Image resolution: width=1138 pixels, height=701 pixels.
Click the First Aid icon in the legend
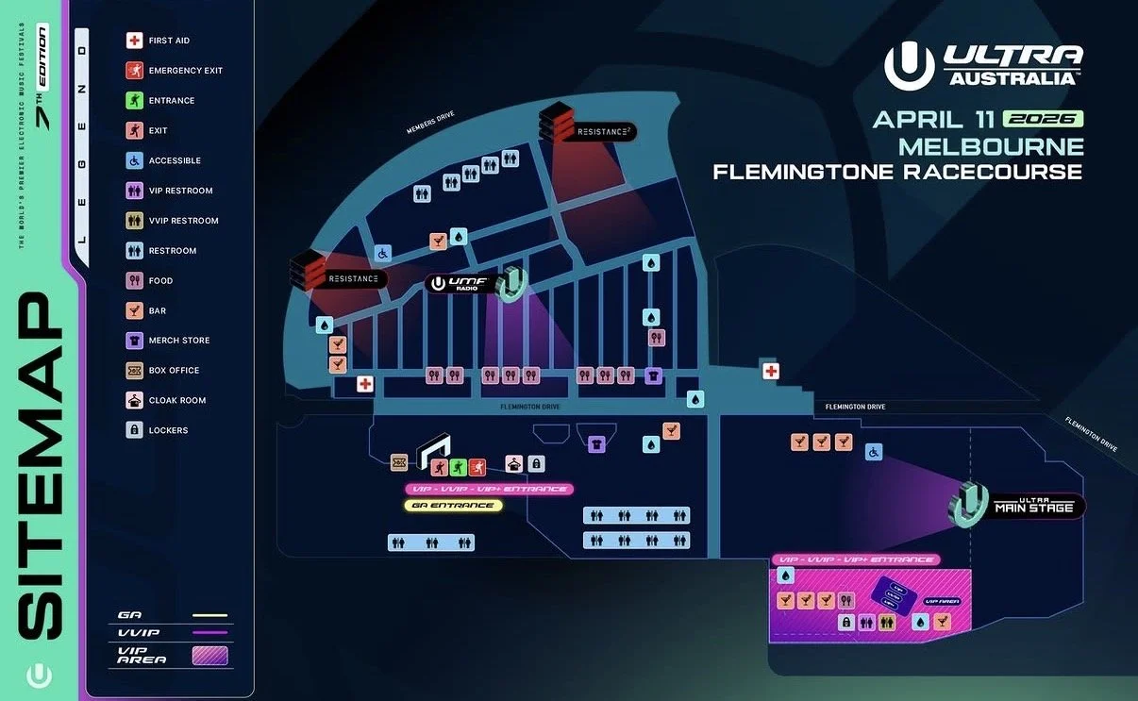134,41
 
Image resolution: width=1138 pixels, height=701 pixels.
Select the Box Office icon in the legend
134,370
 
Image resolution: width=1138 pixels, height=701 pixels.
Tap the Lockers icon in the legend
134,430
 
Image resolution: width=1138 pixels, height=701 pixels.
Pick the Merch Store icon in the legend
134,341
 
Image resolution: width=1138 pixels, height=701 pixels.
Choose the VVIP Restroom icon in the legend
134,221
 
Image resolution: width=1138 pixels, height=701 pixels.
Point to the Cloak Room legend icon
134,400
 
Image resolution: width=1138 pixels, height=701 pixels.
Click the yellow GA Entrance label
453,506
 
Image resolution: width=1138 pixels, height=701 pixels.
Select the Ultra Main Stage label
1034,507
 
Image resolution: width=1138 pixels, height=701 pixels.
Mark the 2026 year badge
1043,119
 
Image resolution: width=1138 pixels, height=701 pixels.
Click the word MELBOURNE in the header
991,146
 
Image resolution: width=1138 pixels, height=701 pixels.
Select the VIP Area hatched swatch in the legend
209,655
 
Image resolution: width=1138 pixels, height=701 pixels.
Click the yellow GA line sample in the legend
209,615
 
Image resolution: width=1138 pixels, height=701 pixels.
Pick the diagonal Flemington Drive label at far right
1091,434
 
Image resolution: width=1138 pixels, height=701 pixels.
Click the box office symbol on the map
399,462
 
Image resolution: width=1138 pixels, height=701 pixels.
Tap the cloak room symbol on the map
514,463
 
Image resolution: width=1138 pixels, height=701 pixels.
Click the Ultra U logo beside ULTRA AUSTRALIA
909,65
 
